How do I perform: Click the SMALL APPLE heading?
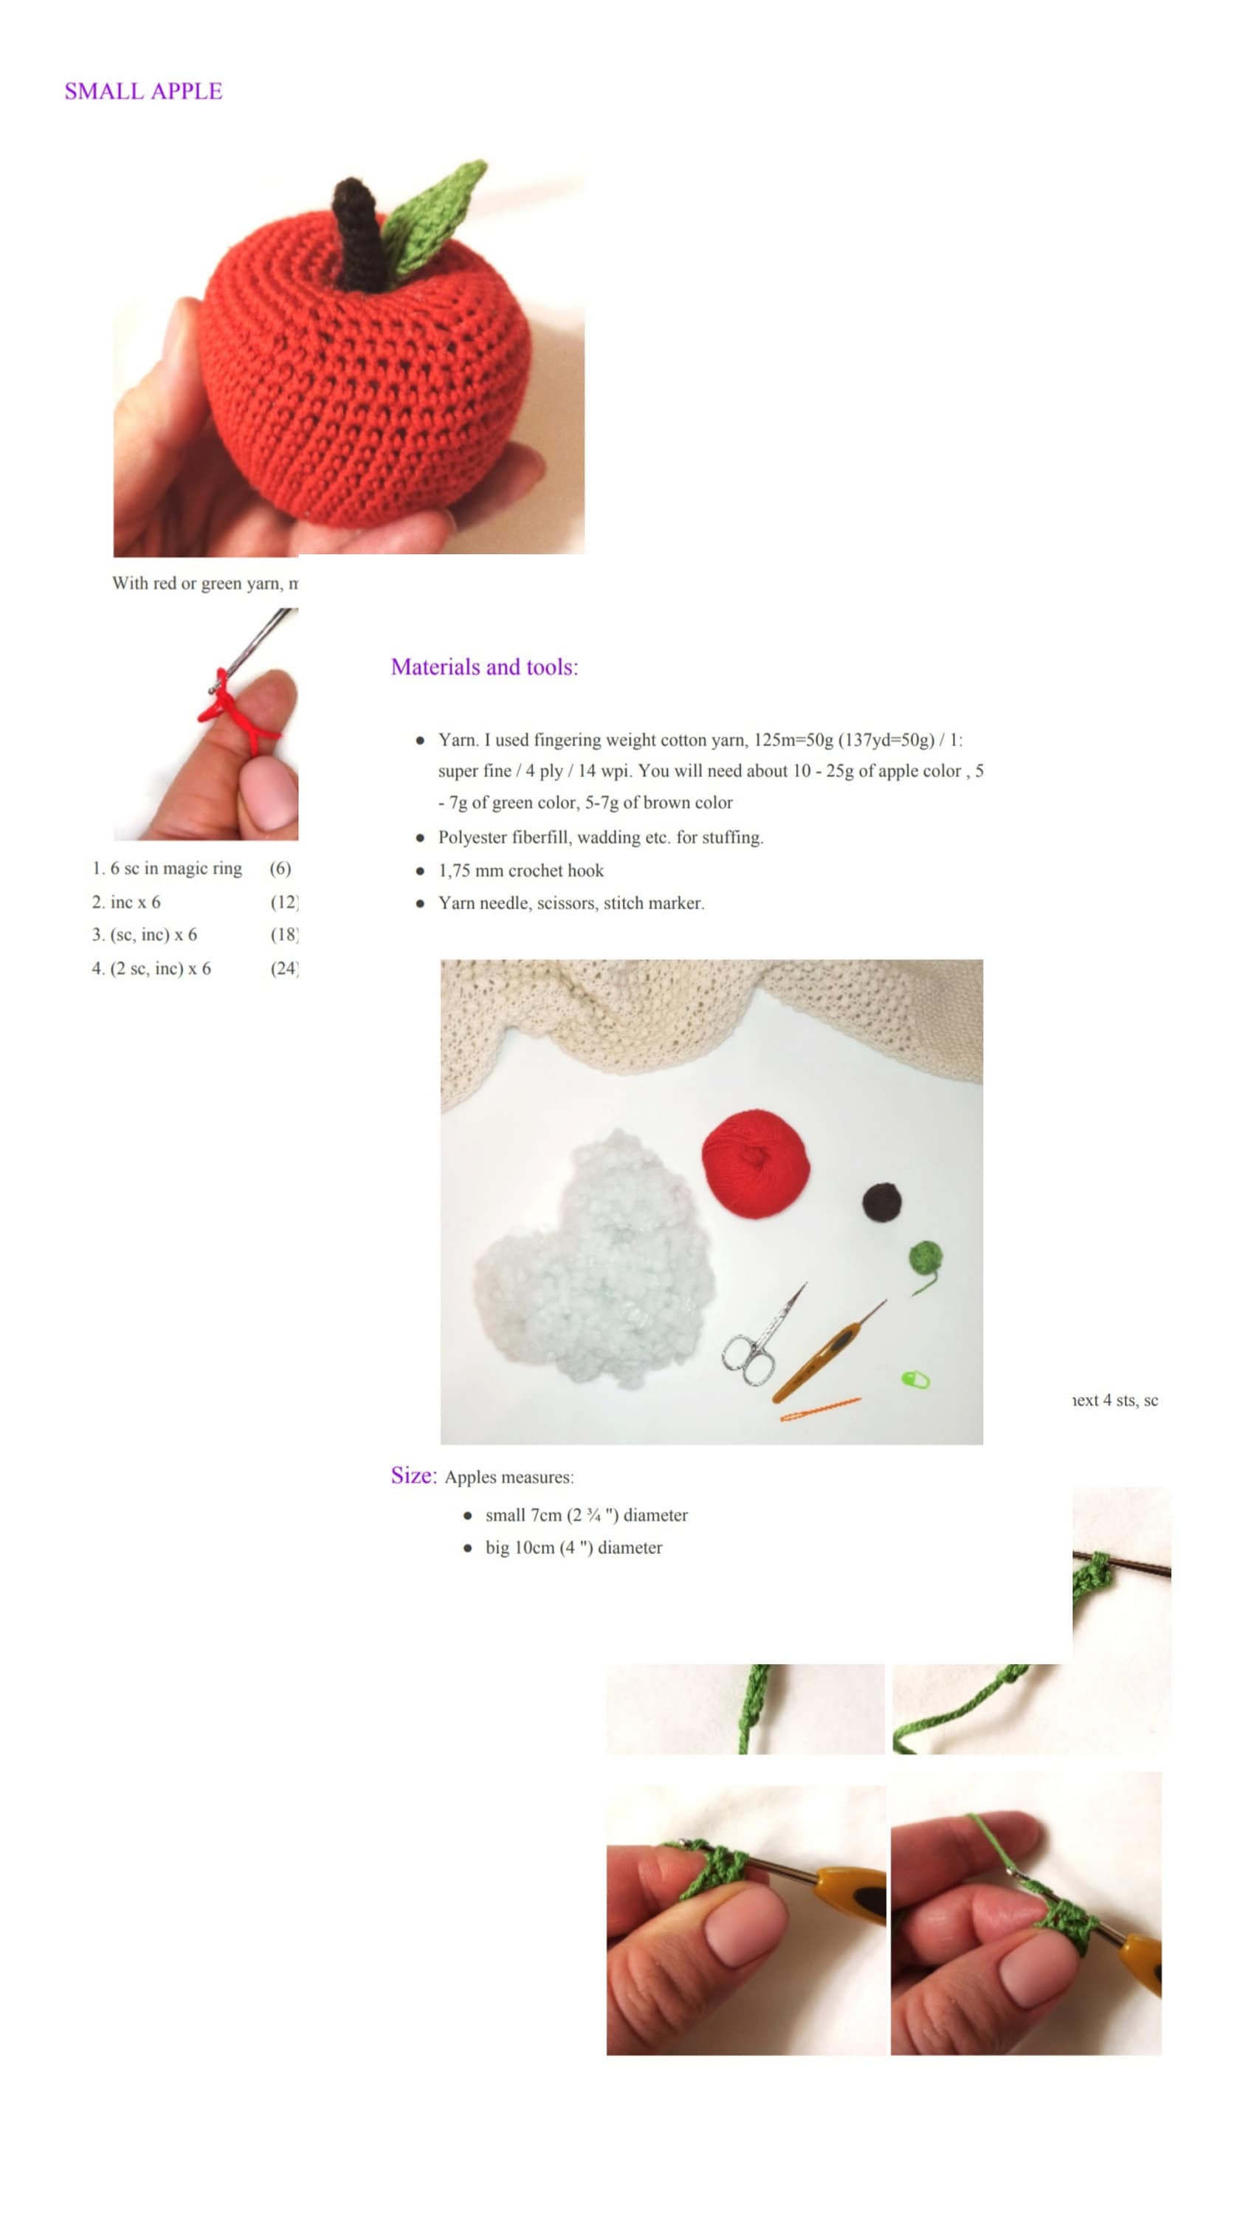[x=142, y=91]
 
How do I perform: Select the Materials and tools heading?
[x=484, y=667]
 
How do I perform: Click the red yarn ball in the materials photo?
[x=755, y=1164]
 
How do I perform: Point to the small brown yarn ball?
[x=881, y=1201]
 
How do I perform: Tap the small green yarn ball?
[x=925, y=1259]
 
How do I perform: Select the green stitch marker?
[x=914, y=1379]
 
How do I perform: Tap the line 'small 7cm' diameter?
[x=585, y=1515]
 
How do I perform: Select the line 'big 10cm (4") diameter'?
[x=573, y=1548]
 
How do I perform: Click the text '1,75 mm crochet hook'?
[x=520, y=871]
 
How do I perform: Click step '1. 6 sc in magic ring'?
[x=167, y=868]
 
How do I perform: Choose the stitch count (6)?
[x=280, y=868]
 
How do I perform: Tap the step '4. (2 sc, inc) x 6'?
[x=151, y=968]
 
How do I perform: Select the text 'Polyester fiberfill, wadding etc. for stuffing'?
[x=600, y=837]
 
